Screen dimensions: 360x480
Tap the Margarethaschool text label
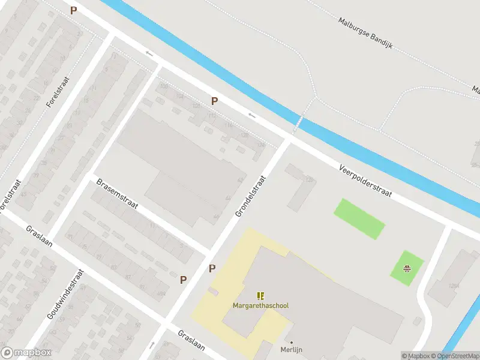point(260,306)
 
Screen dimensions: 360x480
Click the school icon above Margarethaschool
point(260,296)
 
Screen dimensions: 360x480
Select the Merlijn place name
point(291,350)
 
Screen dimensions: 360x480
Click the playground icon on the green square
point(407,268)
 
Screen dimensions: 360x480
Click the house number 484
point(160,293)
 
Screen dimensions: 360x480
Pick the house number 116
point(228,125)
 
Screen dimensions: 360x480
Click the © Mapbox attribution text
point(416,356)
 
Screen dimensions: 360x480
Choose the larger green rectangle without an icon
point(359,218)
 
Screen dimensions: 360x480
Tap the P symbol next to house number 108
point(214,101)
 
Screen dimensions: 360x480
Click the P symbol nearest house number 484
point(184,279)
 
